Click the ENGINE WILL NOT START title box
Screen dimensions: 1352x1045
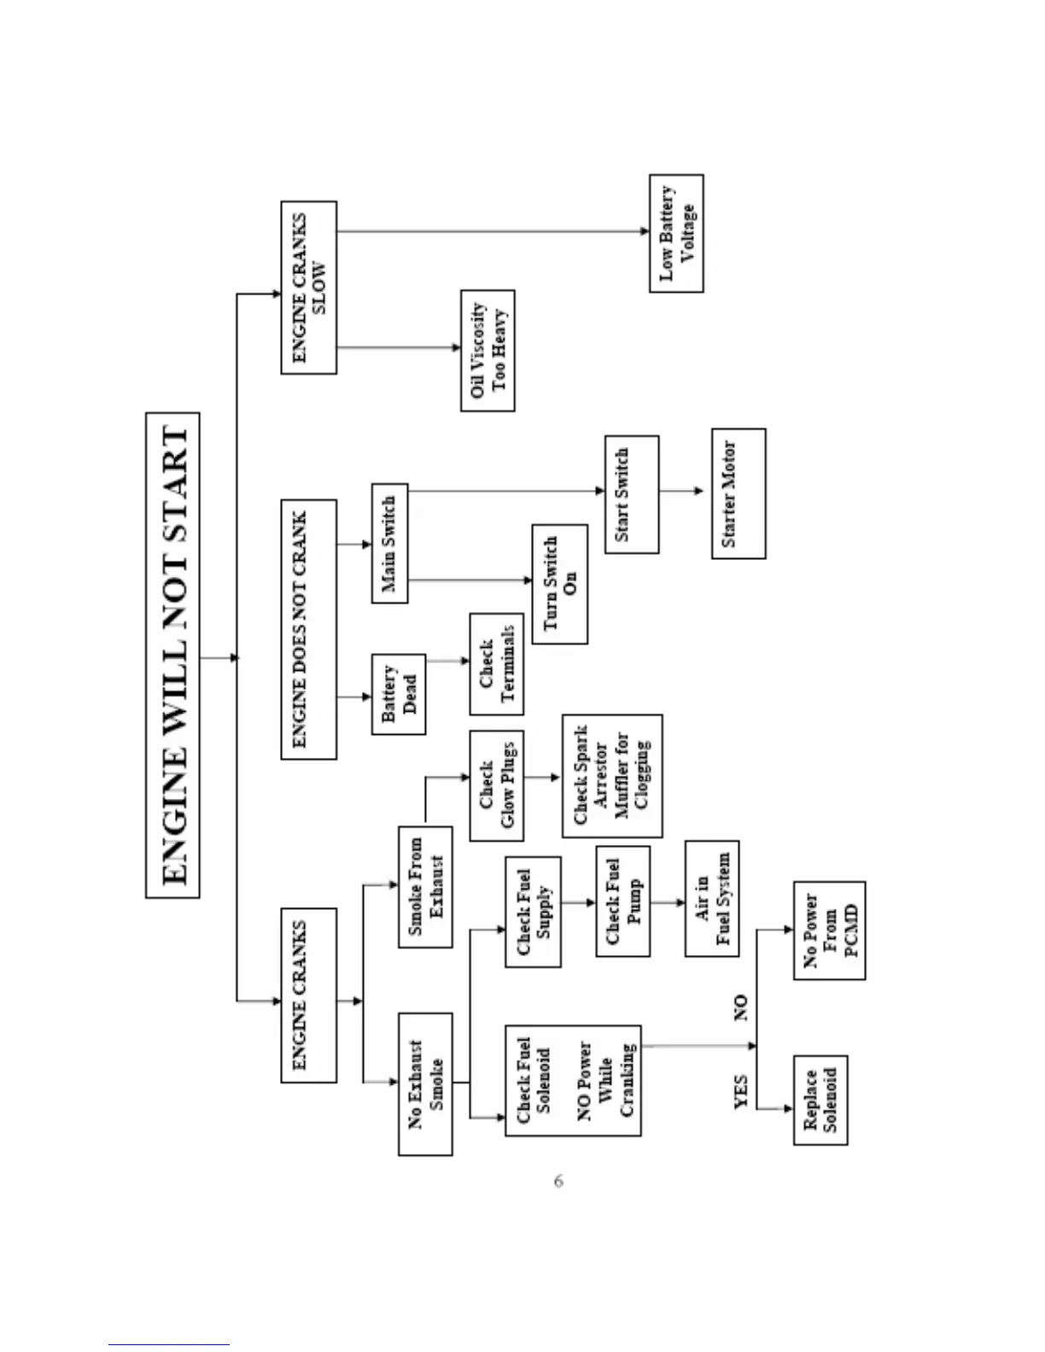tap(173, 656)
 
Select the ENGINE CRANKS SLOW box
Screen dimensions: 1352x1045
tap(309, 288)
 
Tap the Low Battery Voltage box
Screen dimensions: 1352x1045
tap(676, 233)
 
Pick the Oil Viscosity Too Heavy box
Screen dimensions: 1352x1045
tap(487, 351)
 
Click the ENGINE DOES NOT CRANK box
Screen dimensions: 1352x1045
tap(308, 629)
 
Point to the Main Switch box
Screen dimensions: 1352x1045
tap(389, 544)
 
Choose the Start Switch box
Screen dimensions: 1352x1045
tap(631, 494)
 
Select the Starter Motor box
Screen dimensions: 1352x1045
tap(738, 493)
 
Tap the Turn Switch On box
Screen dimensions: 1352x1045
tap(559, 584)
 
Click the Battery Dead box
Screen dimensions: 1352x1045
tap(398, 694)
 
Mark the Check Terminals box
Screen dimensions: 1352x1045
tap(496, 664)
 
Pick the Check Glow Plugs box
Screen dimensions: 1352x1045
tap(496, 785)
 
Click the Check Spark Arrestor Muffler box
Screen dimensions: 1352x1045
tap(611, 776)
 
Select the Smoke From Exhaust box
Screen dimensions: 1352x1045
tap(425, 886)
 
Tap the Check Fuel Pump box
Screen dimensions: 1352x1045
tap(622, 901)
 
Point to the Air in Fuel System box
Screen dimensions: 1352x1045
tap(712, 898)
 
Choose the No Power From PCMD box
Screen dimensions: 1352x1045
tap(829, 930)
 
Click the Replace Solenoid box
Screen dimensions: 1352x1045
tap(820, 1099)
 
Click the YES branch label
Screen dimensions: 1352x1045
tap(741, 1092)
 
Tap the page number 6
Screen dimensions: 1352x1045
tap(558, 1181)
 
